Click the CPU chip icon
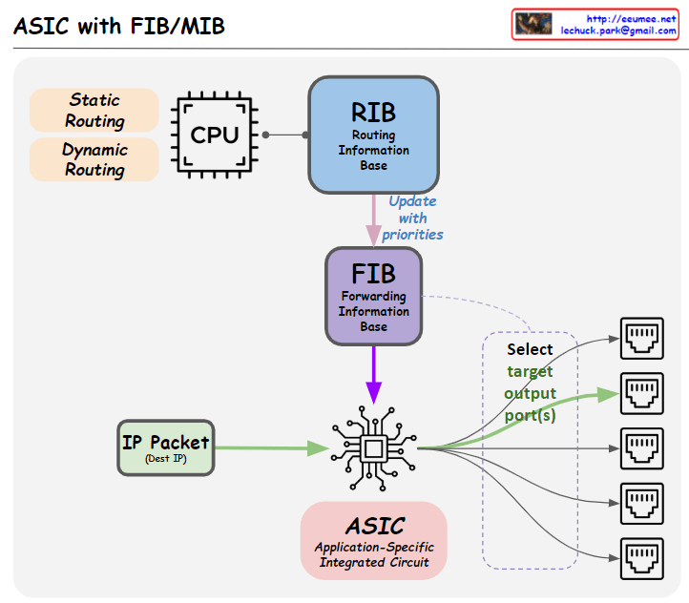[x=215, y=135]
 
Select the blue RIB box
[x=373, y=135]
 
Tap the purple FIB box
[x=373, y=296]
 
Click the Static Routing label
[x=94, y=111]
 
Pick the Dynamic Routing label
[x=94, y=159]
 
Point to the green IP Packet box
[x=165, y=447]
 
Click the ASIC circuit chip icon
[x=373, y=447]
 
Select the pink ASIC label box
[x=374, y=540]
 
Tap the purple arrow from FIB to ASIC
[x=373, y=373]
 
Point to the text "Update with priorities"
[x=412, y=218]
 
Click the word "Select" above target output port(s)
[x=530, y=349]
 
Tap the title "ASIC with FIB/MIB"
[x=119, y=26]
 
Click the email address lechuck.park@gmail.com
[x=618, y=31]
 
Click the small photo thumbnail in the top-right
[x=533, y=24]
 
